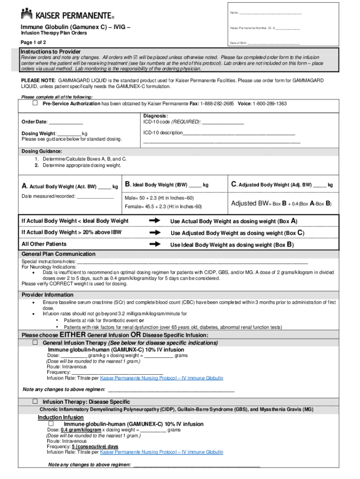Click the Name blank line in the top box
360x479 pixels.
pos(271,13)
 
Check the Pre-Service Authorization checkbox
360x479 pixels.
pos(35,103)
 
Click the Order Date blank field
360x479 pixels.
pos(65,123)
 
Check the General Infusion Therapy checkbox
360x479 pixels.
pos(35,342)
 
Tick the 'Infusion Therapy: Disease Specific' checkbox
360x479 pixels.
pos(35,401)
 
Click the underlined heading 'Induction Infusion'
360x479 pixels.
pos(61,417)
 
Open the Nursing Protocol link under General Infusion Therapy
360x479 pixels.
pos(161,378)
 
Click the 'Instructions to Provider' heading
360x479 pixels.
pos(50,51)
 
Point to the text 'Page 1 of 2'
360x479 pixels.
pos(33,42)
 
